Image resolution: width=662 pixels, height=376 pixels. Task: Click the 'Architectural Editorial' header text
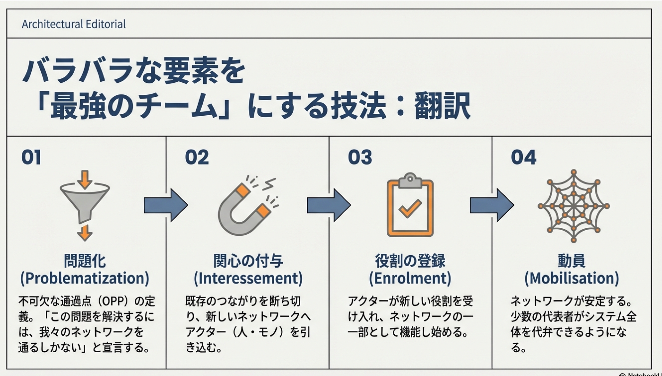coord(74,24)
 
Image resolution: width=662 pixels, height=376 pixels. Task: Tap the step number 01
coord(31,157)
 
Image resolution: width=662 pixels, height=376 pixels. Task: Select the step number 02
coord(197,157)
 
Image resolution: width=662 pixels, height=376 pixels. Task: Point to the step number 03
coord(360,157)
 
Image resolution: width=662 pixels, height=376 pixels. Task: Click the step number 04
coord(523,157)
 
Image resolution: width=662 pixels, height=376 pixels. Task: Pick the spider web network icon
coord(573,206)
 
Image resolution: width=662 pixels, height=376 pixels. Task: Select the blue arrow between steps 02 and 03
coord(328,205)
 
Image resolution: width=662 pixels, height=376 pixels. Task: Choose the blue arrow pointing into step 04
coord(492,205)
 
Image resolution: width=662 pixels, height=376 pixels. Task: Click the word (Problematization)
coord(85,278)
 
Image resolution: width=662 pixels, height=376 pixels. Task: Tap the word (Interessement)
coord(248,278)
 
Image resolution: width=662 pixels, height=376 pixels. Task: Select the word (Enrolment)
coord(410,278)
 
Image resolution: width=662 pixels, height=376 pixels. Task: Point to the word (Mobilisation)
coord(572,278)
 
